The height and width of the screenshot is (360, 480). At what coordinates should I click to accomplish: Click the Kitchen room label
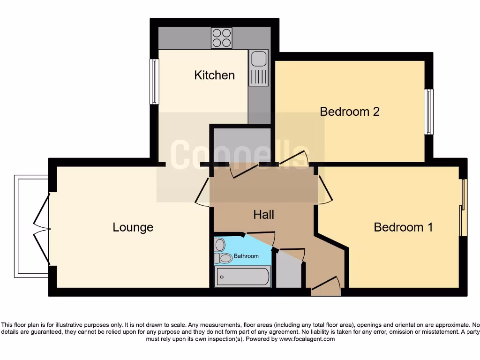coord(214,75)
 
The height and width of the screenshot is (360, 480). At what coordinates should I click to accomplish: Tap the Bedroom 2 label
coord(349,112)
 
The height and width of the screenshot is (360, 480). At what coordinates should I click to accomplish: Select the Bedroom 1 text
coord(403,227)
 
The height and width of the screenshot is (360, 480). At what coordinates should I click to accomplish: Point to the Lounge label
coord(133,227)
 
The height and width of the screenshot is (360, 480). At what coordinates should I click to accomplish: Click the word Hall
coord(263,215)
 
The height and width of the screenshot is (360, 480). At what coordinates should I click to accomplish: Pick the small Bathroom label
coord(246,256)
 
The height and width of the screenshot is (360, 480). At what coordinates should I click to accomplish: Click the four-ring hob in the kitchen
coord(222,38)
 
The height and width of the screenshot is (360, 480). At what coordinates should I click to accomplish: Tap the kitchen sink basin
coord(258,59)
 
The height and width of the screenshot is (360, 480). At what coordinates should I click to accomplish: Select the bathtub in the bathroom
coord(242,277)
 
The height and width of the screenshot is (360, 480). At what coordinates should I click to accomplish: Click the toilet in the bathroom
coord(224,258)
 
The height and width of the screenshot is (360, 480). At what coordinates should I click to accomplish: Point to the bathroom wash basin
coord(220,244)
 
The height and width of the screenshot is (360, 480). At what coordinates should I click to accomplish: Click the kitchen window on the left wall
coord(153,81)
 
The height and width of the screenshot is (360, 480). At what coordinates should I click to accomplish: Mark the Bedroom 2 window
coord(428,112)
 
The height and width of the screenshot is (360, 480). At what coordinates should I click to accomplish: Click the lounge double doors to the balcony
coord(42,227)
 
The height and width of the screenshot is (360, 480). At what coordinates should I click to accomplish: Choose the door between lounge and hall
coord(202,192)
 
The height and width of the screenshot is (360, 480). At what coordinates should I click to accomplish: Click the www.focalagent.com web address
coord(307,339)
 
